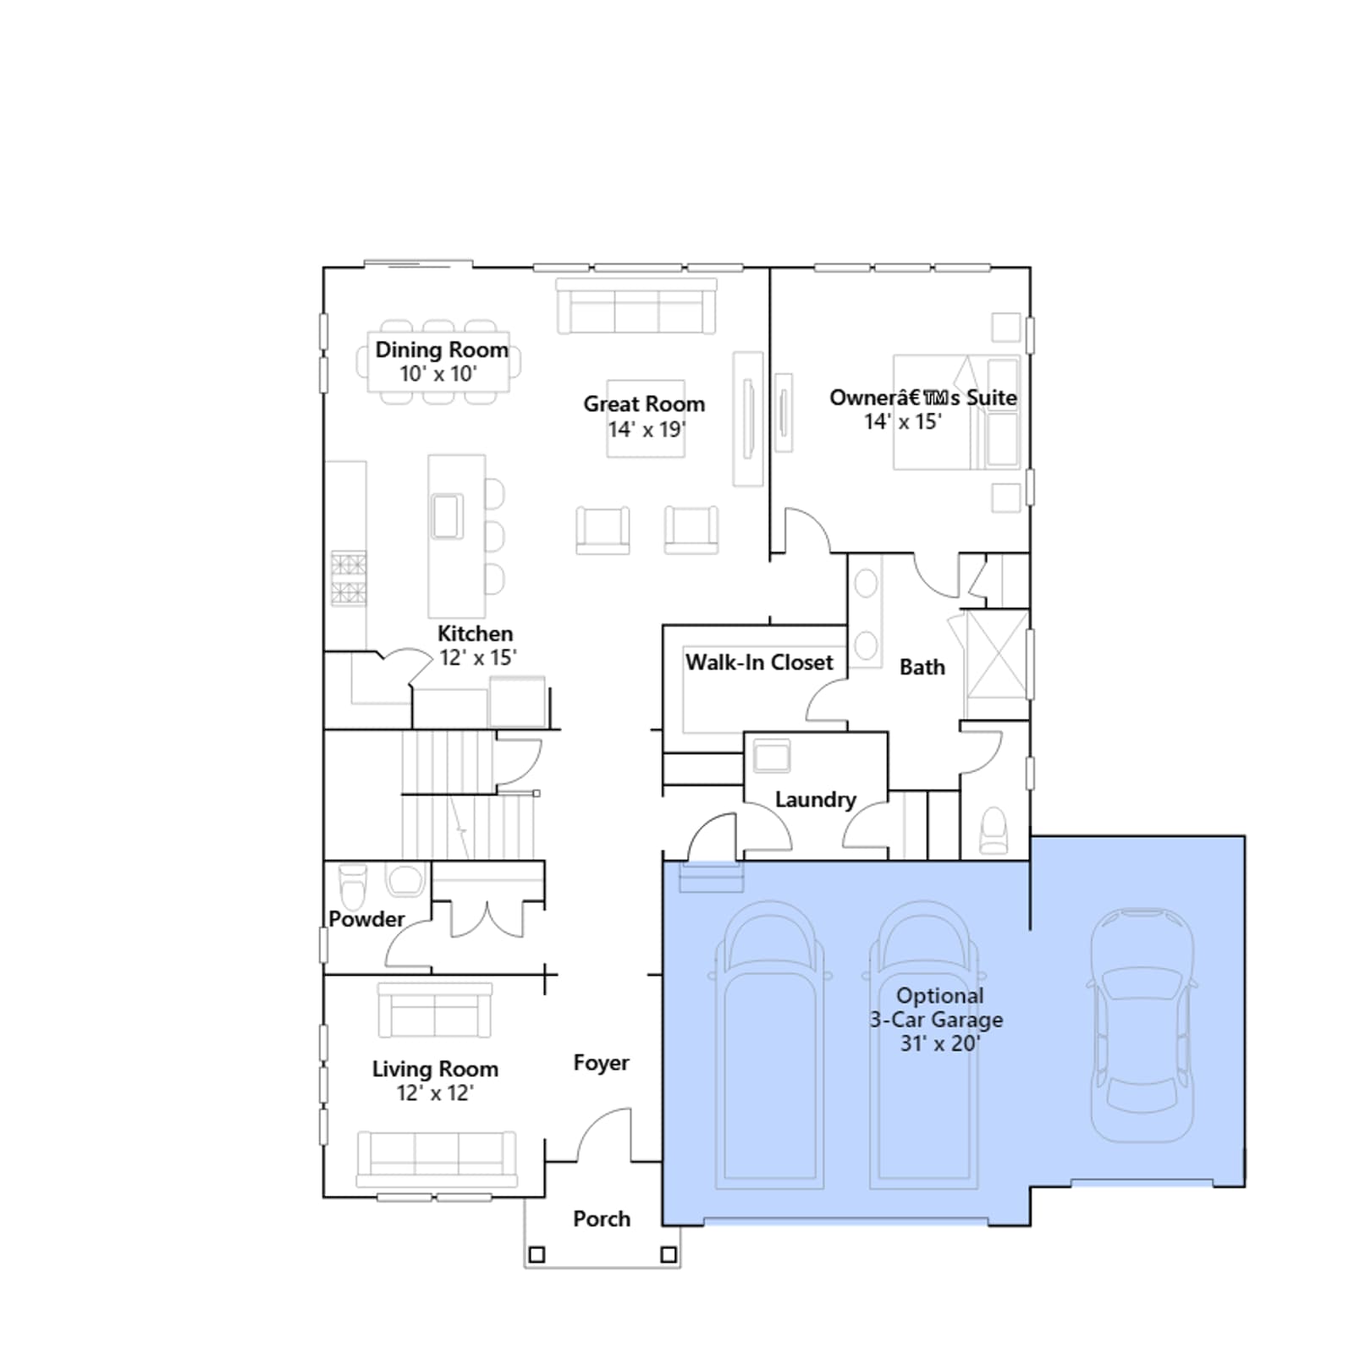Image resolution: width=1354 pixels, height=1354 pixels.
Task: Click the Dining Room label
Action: click(442, 350)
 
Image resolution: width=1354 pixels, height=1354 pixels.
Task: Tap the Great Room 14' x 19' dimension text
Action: click(647, 429)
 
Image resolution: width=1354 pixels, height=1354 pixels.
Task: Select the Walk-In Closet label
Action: click(759, 662)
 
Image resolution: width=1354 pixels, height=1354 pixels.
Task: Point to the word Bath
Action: click(922, 667)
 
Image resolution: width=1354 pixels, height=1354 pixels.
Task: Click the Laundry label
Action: click(816, 800)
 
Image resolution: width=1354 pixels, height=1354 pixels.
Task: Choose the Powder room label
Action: click(366, 919)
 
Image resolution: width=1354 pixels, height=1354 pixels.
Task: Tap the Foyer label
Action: click(601, 1063)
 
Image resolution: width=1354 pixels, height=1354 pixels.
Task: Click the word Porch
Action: click(602, 1219)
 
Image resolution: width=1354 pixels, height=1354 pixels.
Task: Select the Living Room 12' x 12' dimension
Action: click(435, 1093)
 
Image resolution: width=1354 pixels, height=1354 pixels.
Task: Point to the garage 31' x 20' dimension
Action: click(939, 1043)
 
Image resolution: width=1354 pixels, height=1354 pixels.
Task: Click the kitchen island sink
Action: click(447, 515)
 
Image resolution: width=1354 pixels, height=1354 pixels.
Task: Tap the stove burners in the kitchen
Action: click(349, 578)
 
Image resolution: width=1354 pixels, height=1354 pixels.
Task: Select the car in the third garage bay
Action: click(1142, 1025)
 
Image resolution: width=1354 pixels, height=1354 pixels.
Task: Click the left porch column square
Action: click(537, 1254)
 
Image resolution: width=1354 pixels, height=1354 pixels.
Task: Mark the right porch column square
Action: click(669, 1254)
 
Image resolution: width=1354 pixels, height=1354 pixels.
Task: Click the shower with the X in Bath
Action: click(997, 654)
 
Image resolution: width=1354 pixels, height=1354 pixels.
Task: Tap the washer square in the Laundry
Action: click(772, 756)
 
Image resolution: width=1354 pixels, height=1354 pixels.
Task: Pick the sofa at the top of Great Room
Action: click(636, 305)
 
